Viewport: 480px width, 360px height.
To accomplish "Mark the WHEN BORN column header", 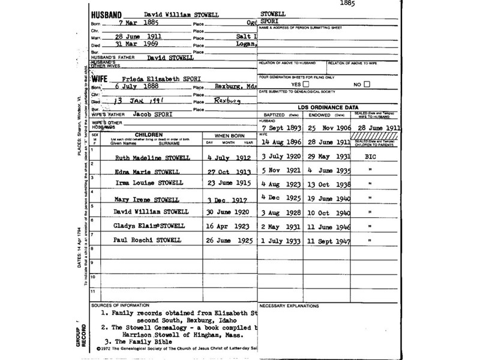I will pos(225,136).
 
